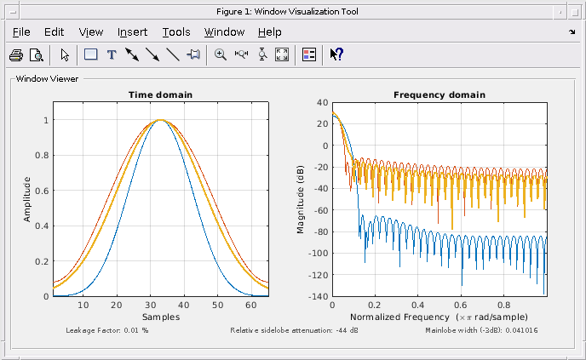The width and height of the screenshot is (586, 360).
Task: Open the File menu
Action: tap(21, 32)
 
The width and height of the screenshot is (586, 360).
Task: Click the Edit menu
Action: tap(55, 32)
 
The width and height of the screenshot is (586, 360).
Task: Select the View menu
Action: tap(91, 32)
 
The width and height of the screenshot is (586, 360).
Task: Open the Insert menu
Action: tap(132, 32)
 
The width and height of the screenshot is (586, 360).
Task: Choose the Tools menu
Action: tap(176, 32)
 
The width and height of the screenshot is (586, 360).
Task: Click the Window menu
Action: tap(224, 32)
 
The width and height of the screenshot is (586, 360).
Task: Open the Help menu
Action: tap(269, 32)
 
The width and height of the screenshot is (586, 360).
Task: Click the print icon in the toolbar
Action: tap(16, 54)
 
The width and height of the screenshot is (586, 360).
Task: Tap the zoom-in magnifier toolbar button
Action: tap(221, 54)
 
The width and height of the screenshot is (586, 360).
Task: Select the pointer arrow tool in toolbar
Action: tap(66, 54)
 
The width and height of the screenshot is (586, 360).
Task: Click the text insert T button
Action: tap(111, 54)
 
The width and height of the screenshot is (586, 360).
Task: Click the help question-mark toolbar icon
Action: tap(336, 54)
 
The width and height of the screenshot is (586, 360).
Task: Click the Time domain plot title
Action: tap(160, 94)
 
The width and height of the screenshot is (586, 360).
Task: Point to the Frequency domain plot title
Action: tap(439, 94)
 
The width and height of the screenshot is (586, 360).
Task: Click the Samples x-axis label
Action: tap(160, 317)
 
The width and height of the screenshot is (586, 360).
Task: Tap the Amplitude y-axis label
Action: tap(27, 199)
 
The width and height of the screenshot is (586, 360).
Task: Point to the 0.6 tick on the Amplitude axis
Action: tap(42, 191)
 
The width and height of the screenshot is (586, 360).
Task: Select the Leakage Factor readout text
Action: tap(107, 329)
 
